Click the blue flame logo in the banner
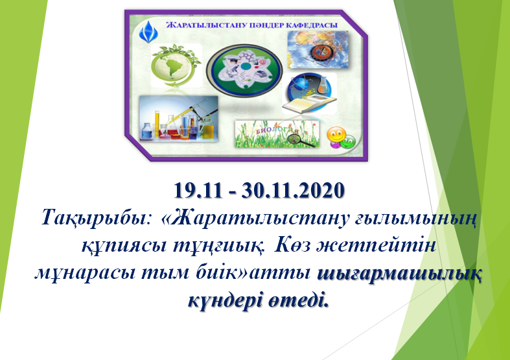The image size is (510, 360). coord(148,32)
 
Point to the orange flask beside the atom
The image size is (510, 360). coord(323,84)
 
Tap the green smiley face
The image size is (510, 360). coord(349,141)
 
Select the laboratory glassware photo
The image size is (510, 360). coord(179,119)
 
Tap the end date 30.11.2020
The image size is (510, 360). coord(293,190)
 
